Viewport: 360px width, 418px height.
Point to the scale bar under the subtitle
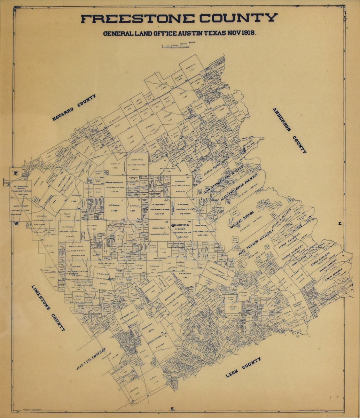pos(178,45)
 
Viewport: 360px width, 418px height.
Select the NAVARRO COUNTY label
pos(74,108)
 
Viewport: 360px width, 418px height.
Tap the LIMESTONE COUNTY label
pos(48,308)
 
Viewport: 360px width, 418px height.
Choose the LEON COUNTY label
pos(243,367)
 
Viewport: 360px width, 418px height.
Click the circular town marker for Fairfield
pos(173,225)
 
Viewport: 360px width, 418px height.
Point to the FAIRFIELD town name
pos(182,225)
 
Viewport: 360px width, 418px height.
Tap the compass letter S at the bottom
pos(172,408)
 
